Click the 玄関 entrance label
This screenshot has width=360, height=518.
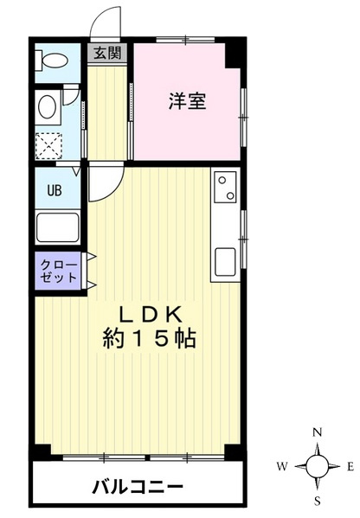(107, 53)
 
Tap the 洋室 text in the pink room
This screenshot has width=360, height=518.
(186, 99)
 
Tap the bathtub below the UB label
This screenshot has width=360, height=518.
(57, 227)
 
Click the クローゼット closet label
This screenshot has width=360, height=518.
(57, 270)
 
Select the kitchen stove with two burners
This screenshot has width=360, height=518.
(224, 188)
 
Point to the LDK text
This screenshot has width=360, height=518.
(145, 312)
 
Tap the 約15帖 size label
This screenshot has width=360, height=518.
(145, 338)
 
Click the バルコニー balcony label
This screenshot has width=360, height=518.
(138, 485)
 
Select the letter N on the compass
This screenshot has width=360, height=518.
(318, 432)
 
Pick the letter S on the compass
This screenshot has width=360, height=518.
(318, 501)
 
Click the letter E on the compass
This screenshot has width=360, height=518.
(350, 467)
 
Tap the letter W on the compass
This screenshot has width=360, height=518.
(283, 467)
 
